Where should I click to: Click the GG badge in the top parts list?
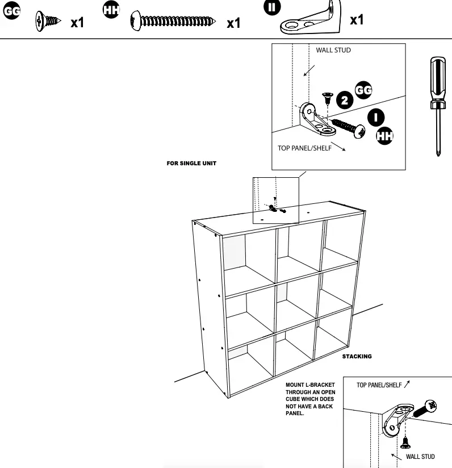click(11, 11)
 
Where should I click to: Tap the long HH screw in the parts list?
click(173, 22)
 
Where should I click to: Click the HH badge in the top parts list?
click(111, 10)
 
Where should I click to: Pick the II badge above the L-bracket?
click(273, 7)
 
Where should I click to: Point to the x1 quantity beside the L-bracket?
click(357, 20)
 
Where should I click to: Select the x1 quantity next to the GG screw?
click(77, 23)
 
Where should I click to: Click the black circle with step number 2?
click(345, 101)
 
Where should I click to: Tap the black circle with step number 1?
click(375, 118)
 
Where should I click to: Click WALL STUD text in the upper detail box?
click(333, 50)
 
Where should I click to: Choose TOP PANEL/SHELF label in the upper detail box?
click(304, 148)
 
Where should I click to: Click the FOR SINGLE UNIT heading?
click(191, 164)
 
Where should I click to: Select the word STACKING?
click(357, 357)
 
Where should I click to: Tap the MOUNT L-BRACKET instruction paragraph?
click(310, 399)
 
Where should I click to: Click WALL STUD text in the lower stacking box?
click(420, 457)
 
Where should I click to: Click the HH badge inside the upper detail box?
click(384, 136)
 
